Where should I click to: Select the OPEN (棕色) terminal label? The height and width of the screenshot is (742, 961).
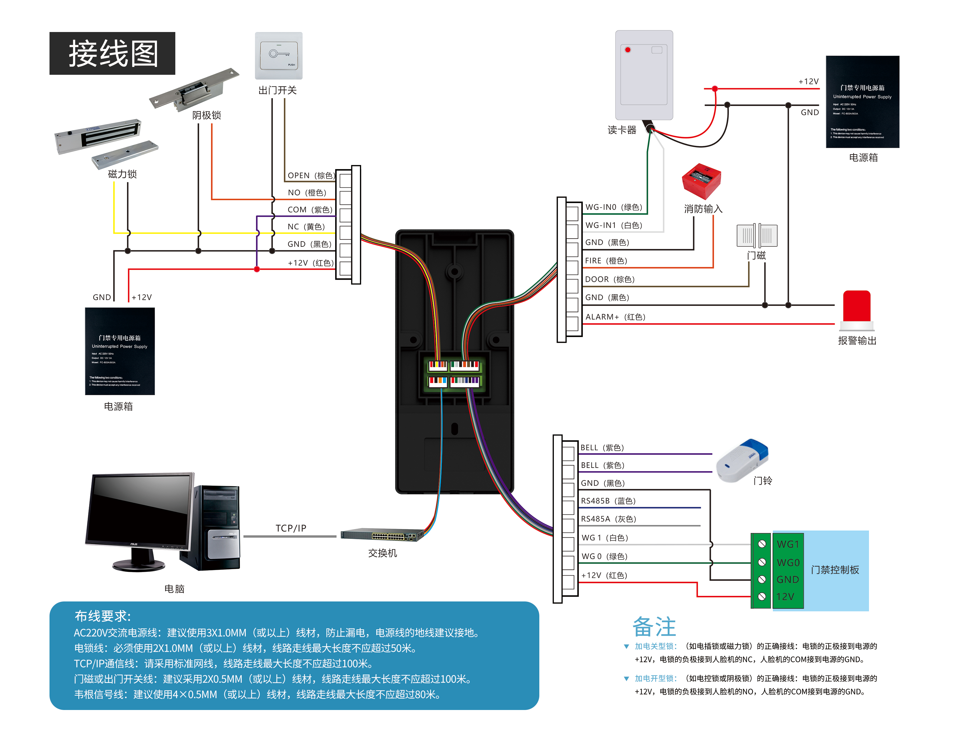click(x=311, y=175)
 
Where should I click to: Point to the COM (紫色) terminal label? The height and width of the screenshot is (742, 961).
click(x=310, y=210)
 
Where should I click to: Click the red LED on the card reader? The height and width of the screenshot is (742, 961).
click(x=628, y=50)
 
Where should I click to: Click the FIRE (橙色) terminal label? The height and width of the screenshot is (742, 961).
click(x=606, y=261)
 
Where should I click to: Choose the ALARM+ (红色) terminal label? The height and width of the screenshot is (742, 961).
click(x=615, y=317)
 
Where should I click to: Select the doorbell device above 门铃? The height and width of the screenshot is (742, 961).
click(x=742, y=460)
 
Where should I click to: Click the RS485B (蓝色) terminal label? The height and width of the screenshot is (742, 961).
click(x=608, y=501)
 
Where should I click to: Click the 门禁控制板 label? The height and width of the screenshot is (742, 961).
click(x=835, y=570)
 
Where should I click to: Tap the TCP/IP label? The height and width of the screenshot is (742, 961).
click(x=291, y=528)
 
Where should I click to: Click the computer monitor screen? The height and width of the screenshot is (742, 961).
click(x=140, y=510)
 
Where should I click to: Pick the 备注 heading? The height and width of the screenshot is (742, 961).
click(x=654, y=627)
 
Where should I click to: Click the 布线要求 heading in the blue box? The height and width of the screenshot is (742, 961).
click(x=103, y=616)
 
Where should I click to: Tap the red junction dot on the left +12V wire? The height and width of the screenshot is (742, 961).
click(x=257, y=269)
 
